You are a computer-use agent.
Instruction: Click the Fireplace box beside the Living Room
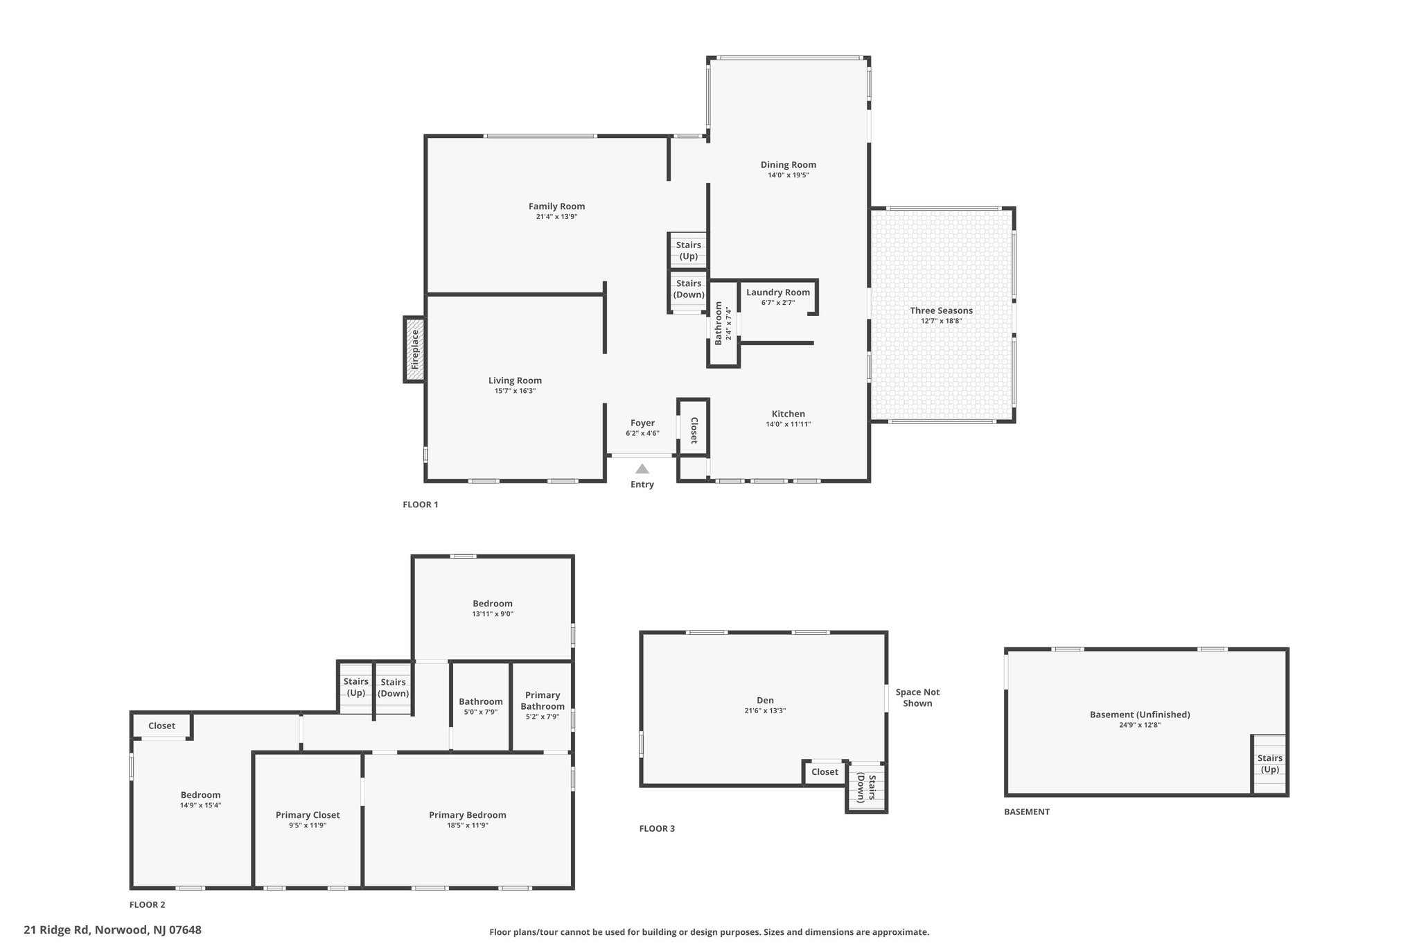click(415, 349)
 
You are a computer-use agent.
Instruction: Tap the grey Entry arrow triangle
click(642, 469)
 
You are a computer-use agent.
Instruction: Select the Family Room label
click(556, 206)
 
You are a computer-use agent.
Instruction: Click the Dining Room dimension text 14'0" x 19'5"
click(788, 175)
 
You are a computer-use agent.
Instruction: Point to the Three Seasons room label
click(941, 310)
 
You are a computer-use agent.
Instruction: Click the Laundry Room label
click(777, 292)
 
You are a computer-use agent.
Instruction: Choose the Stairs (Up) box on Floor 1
click(688, 250)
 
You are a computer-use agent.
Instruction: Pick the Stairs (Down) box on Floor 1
click(688, 290)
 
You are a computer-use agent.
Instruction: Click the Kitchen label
click(788, 414)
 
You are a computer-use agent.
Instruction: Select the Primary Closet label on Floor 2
click(308, 815)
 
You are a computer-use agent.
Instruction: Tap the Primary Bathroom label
click(543, 701)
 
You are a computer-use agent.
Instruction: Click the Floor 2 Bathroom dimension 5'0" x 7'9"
click(480, 712)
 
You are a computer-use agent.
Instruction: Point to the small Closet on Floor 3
click(825, 772)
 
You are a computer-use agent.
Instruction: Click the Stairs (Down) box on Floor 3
click(866, 787)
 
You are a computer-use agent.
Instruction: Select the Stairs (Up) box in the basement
click(1269, 764)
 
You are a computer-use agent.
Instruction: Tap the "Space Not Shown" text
click(917, 697)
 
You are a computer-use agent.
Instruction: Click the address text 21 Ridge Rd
click(57, 929)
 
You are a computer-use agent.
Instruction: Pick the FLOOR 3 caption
click(657, 828)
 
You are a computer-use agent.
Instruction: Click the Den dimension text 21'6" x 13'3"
click(765, 710)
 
